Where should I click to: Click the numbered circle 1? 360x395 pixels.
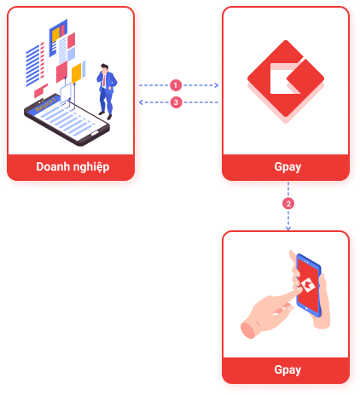(x=176, y=85)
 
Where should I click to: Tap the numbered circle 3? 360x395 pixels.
(x=176, y=102)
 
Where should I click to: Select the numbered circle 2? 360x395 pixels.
(x=288, y=204)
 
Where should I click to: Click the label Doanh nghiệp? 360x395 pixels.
(x=73, y=167)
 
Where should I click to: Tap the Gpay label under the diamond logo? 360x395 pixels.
(x=287, y=167)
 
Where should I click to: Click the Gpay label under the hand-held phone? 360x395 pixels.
(x=287, y=370)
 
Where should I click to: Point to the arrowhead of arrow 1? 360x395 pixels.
(x=217, y=85)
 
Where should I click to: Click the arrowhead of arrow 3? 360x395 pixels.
(x=141, y=102)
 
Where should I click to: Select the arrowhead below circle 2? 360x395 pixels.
(x=288, y=228)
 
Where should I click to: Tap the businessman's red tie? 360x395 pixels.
(x=104, y=81)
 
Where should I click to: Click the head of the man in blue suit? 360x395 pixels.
(x=105, y=68)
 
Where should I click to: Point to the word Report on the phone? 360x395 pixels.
(x=45, y=105)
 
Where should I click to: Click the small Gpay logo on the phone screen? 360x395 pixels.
(x=308, y=285)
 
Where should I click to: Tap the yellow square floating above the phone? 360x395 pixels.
(x=76, y=73)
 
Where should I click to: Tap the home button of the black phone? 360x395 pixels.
(x=95, y=133)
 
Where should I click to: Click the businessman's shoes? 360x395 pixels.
(x=106, y=115)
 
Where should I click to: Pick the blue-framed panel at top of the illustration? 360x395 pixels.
(x=58, y=38)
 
